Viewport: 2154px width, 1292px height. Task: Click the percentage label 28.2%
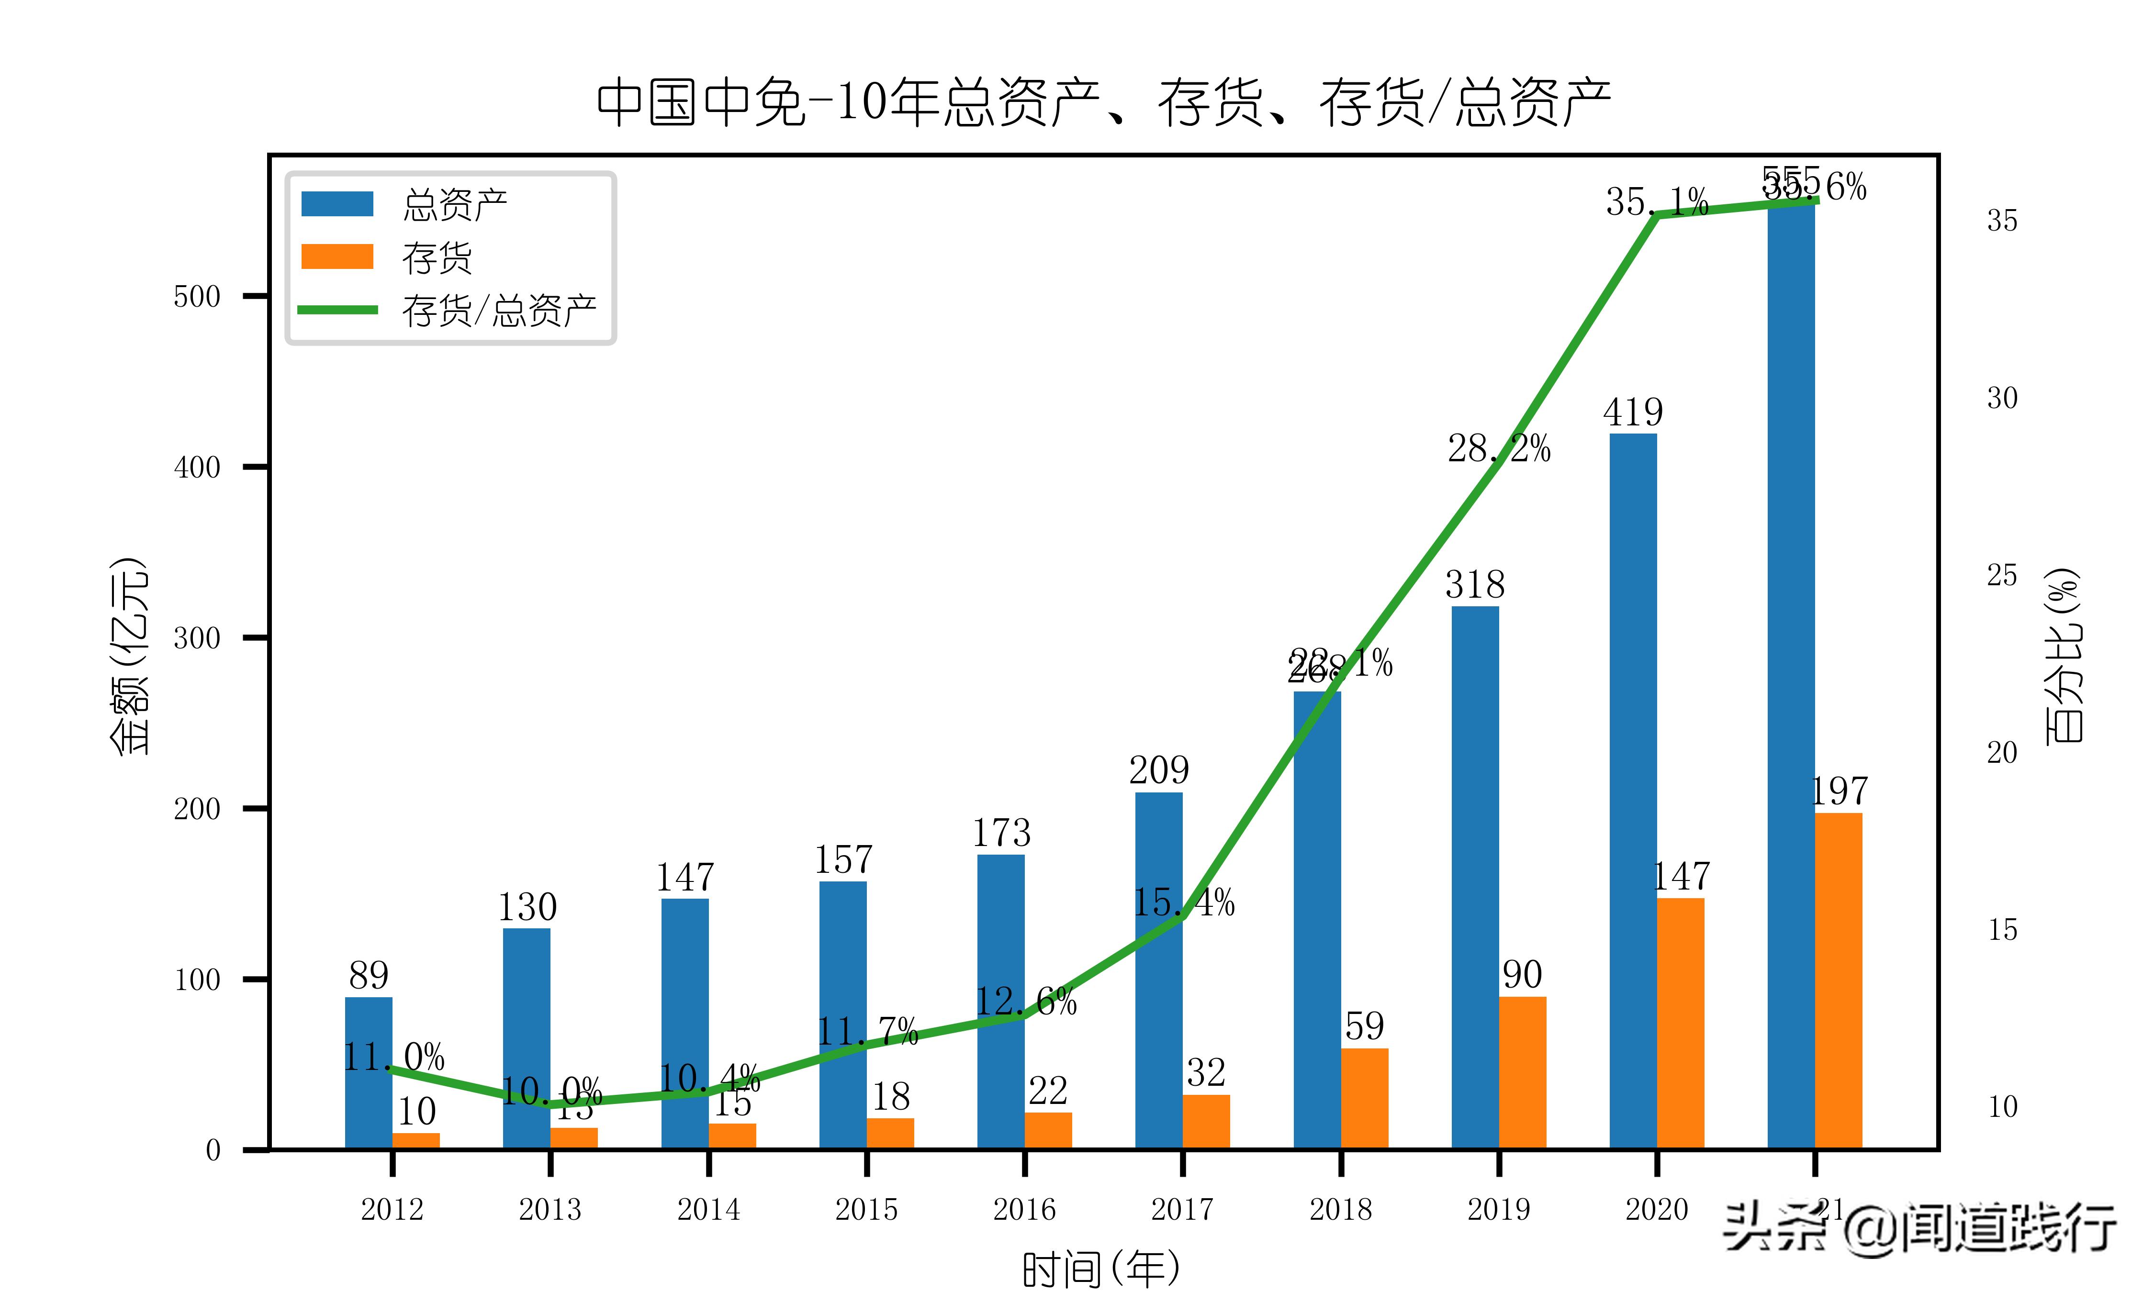[1498, 449]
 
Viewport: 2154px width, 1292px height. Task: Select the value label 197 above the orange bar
[1839, 791]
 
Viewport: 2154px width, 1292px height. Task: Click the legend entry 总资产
[454, 205]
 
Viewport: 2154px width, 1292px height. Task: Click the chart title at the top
[1103, 103]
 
